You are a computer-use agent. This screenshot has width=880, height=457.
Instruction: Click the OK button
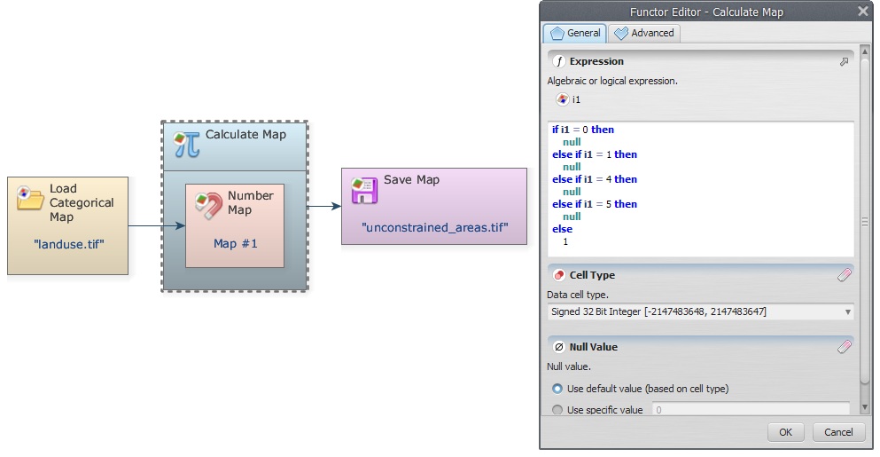(785, 431)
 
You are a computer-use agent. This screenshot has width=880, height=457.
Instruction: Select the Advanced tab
(644, 33)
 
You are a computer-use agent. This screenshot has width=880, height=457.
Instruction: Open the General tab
(575, 33)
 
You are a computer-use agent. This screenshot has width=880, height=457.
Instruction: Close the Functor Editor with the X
(863, 11)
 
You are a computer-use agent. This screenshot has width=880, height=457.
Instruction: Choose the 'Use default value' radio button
(557, 389)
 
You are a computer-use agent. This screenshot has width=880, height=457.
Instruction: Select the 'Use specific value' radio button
(557, 410)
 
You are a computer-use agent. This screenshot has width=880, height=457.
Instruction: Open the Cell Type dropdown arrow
(848, 312)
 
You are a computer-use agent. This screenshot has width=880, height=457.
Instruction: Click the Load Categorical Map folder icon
(29, 198)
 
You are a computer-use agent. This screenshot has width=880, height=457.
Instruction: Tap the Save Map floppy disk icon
(364, 190)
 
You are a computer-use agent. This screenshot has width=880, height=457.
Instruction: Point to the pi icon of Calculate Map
(187, 145)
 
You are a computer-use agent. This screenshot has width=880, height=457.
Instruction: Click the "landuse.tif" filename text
(69, 245)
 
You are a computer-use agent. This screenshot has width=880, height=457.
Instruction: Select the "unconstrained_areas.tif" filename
(435, 228)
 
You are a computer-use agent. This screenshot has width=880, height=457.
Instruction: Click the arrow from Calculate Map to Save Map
(324, 206)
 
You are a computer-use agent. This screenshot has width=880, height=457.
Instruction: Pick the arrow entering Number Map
(157, 226)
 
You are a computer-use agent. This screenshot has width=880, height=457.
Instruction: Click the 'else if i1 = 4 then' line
(595, 179)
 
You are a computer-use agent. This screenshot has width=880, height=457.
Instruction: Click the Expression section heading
(596, 61)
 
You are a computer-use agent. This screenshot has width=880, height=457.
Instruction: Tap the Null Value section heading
(593, 347)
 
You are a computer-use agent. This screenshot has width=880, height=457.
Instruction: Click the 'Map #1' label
(235, 243)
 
